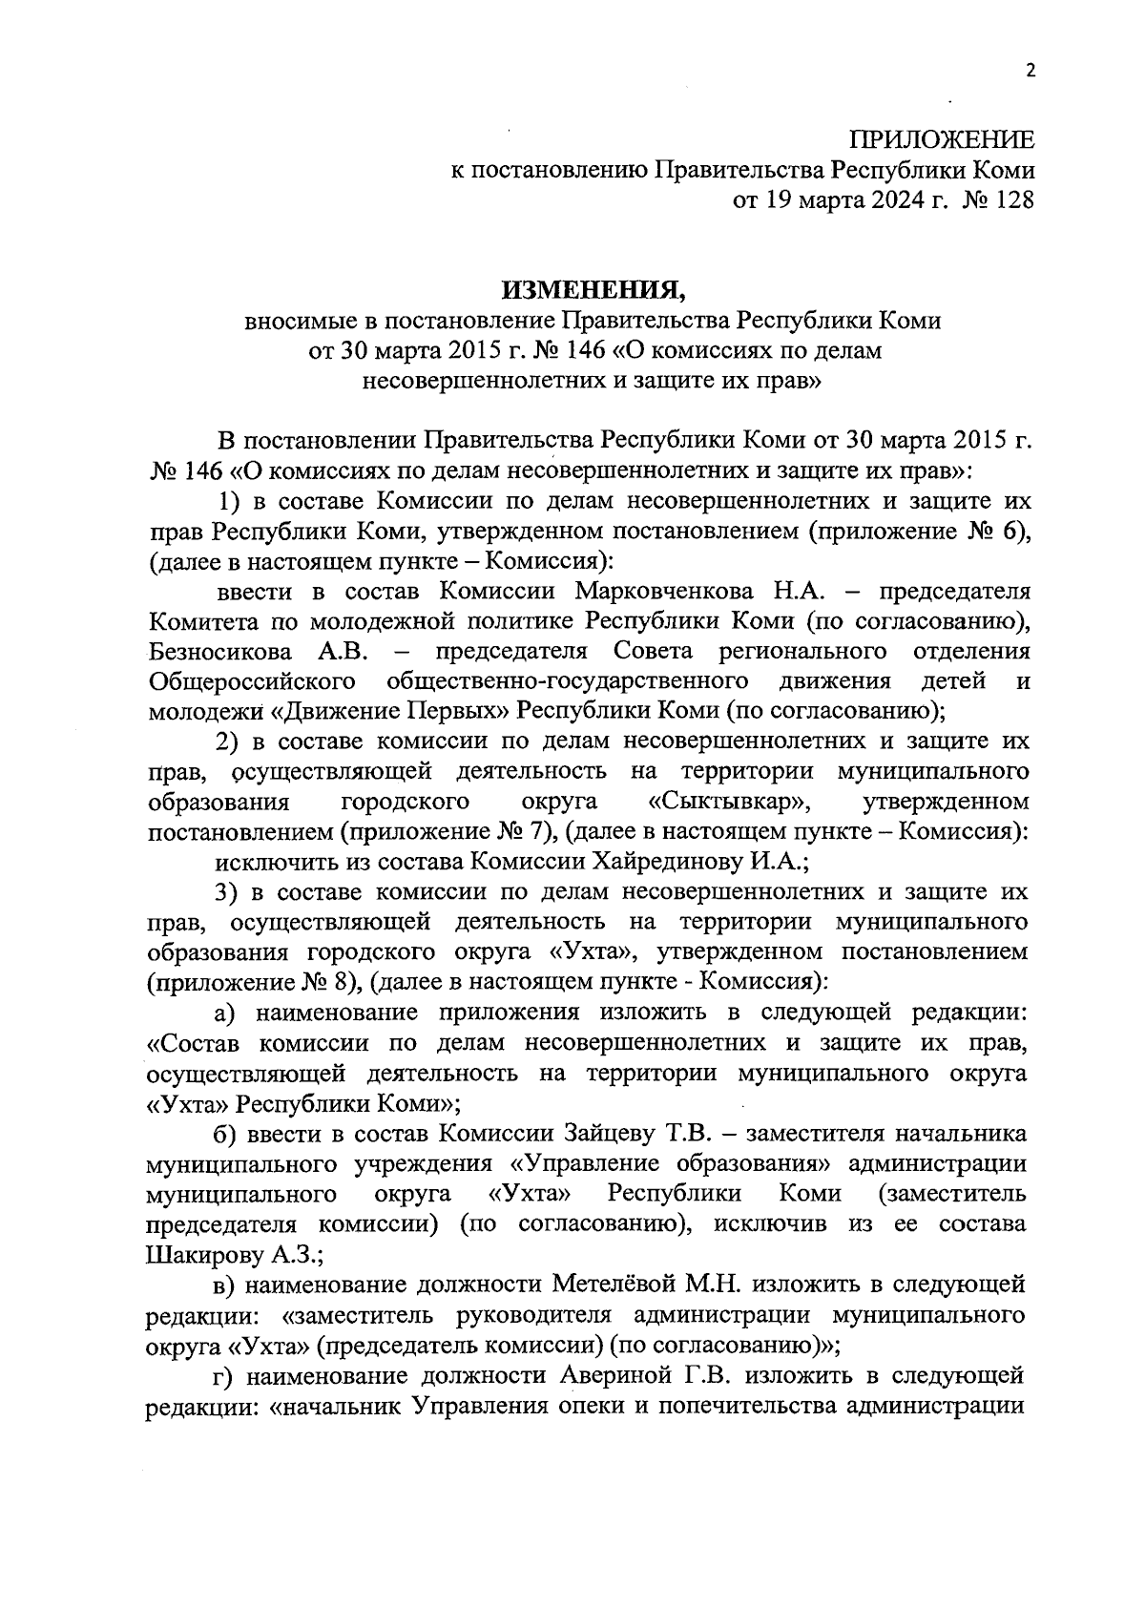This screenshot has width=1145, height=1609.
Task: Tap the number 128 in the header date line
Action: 1012,200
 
